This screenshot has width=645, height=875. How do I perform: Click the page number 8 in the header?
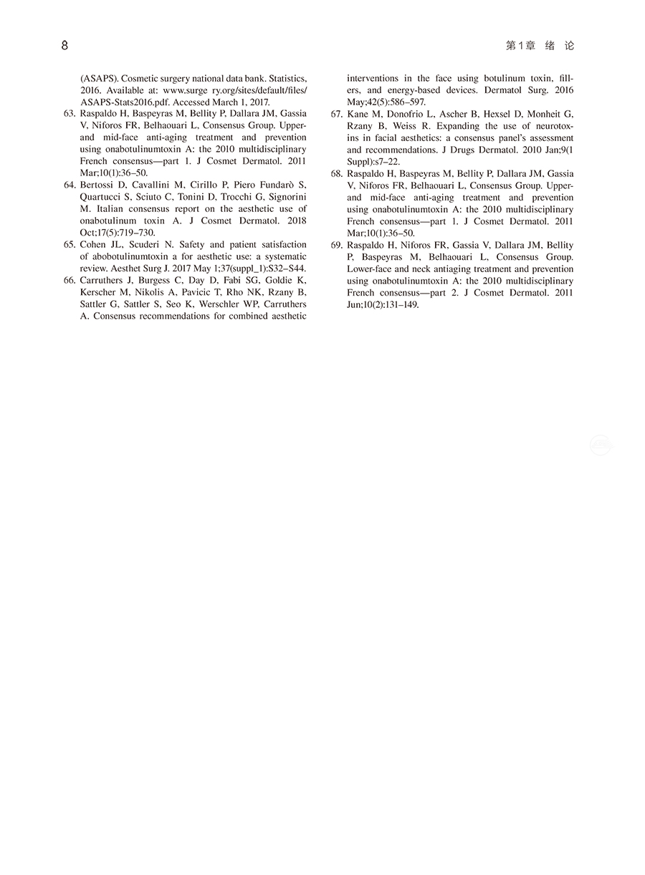[x=64, y=46]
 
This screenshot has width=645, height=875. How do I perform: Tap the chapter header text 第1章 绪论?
[x=540, y=46]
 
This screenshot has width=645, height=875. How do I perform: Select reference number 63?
[x=70, y=113]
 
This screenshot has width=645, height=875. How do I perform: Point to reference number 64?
[x=70, y=185]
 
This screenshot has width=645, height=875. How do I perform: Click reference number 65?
[x=70, y=244]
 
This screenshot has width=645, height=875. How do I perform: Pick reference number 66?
[x=70, y=280]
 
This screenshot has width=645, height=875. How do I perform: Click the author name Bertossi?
[x=98, y=185]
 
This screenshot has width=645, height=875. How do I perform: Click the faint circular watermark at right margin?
[x=601, y=446]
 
